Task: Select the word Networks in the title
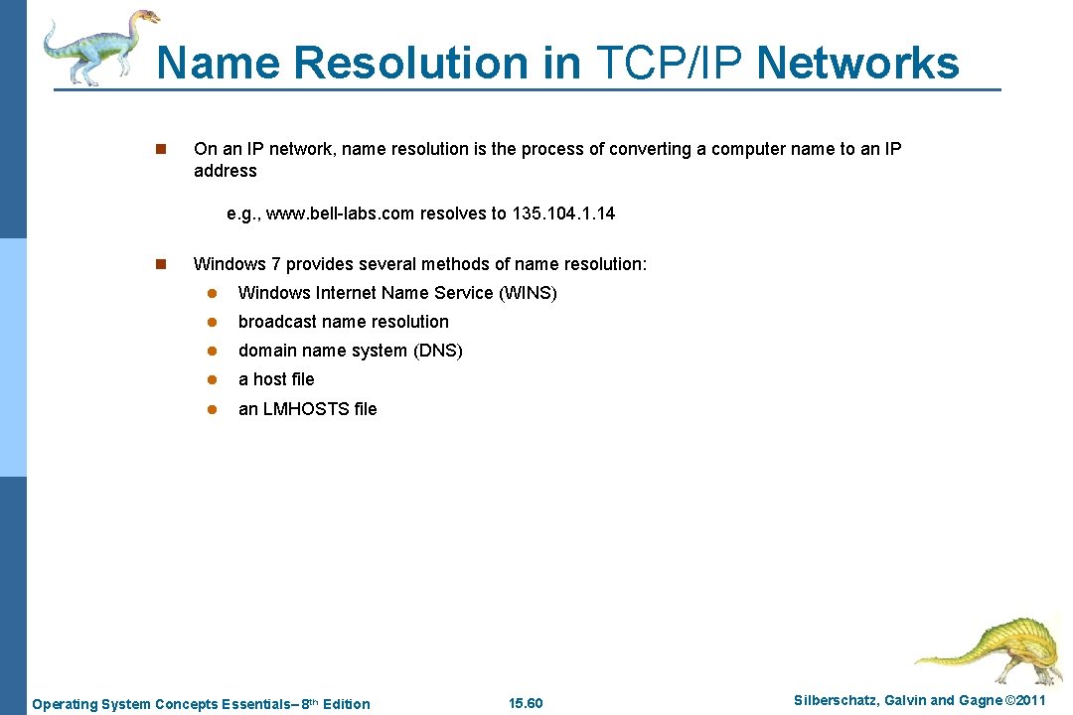tap(858, 63)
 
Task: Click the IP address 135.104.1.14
tap(563, 214)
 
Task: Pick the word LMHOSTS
tap(306, 409)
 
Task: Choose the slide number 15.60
tap(526, 704)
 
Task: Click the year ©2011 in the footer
tap(1025, 701)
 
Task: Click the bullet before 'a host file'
tap(212, 380)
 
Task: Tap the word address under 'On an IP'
tap(226, 171)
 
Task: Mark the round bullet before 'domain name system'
tap(212, 352)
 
